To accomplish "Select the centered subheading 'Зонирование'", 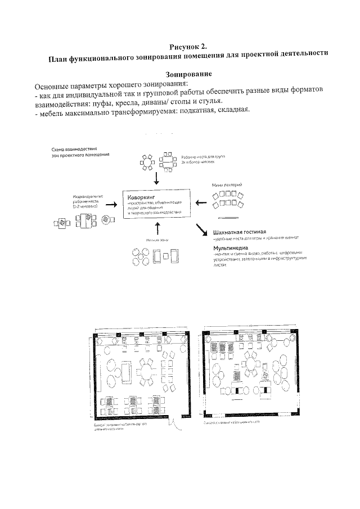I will tap(188, 74).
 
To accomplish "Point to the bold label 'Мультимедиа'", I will tap(231, 247).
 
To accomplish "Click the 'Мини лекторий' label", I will tap(227, 184).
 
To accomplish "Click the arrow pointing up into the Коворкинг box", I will tap(157, 228).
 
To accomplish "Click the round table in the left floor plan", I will tap(148, 372).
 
